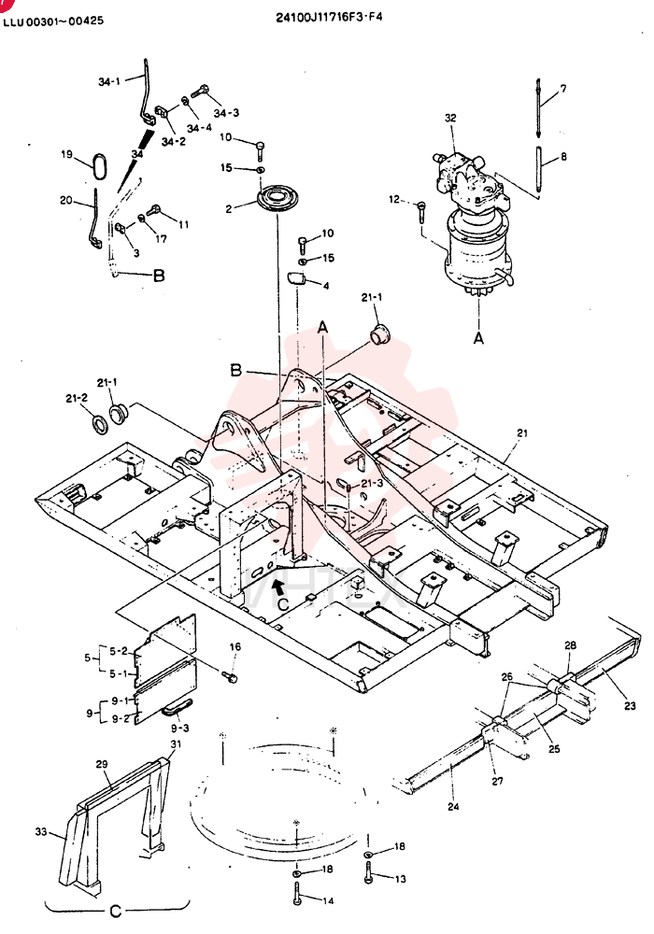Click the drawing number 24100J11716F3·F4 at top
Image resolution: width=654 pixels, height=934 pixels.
[x=329, y=16]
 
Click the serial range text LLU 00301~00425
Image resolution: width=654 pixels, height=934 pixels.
[x=53, y=21]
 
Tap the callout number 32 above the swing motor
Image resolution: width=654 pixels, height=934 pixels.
[x=450, y=118]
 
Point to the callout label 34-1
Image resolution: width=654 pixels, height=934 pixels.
[x=109, y=81]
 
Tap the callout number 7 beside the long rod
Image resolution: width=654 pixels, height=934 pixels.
[x=562, y=89]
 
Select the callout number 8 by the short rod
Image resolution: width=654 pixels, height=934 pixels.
[x=563, y=157]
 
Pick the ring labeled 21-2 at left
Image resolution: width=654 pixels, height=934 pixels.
[x=99, y=424]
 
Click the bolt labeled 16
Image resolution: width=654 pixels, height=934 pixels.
[x=229, y=676]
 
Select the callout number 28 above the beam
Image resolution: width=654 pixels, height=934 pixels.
[x=570, y=645]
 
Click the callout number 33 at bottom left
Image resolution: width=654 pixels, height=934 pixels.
[x=40, y=831]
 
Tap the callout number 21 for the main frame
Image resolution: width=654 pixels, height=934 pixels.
[x=522, y=433]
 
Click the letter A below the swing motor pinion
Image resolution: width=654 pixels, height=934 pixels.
[x=478, y=338]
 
